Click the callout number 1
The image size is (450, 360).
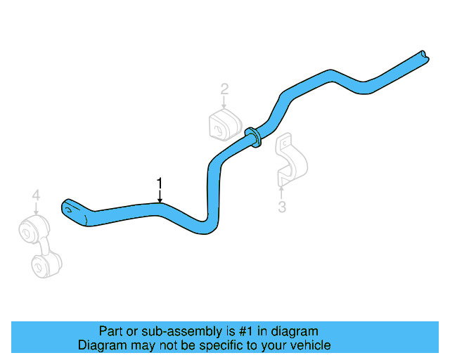160,184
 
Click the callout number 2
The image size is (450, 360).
224,89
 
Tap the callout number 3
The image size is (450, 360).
282,207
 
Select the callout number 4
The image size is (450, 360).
36,195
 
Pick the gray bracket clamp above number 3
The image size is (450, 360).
289,160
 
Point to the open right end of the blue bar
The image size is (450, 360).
422,54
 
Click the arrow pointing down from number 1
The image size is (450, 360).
160,196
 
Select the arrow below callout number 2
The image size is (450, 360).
224,101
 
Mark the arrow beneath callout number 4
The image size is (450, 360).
36,208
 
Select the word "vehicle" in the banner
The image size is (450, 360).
307,345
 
